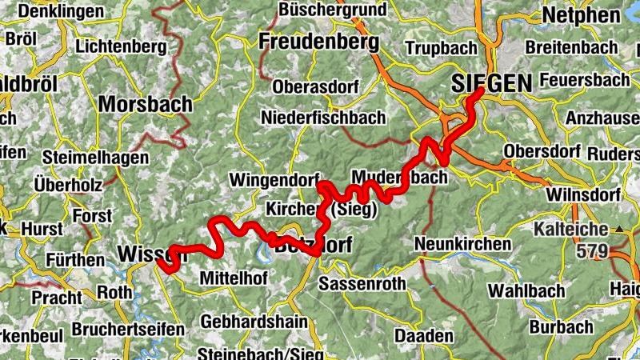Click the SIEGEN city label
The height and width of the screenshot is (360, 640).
point(491,82)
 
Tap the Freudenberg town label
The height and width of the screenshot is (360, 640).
point(318,41)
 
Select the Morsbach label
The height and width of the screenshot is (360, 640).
point(146,104)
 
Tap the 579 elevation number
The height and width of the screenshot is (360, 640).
point(592,251)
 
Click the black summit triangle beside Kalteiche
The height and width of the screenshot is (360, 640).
point(619,230)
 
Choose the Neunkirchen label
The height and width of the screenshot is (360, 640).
point(463,244)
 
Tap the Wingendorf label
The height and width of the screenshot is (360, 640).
point(274,178)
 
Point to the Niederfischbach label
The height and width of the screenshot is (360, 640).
point(323,118)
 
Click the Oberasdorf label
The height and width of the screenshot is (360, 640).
point(312,86)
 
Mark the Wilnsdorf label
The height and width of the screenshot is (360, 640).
point(583,195)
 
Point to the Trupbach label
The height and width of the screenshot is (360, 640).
point(441,49)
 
